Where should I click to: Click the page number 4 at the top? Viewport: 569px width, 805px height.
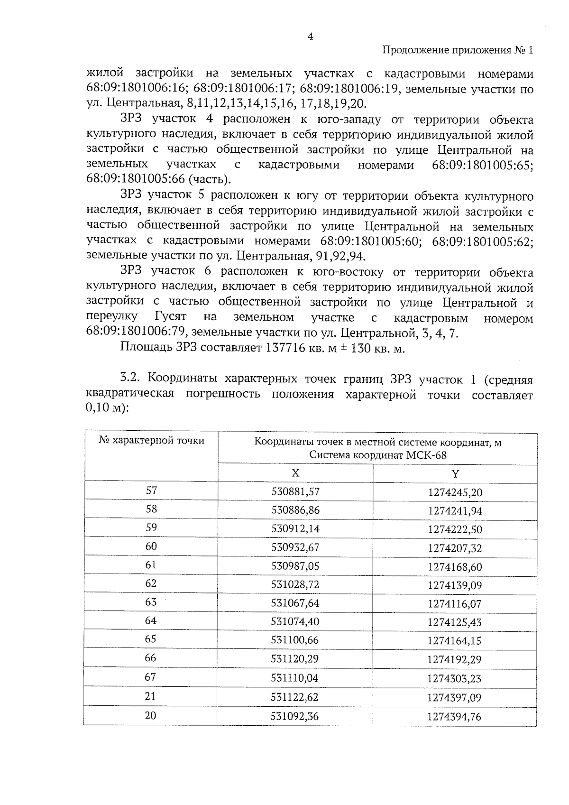(x=310, y=37)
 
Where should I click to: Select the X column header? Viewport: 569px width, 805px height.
(x=295, y=473)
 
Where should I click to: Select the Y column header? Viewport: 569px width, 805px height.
(x=455, y=473)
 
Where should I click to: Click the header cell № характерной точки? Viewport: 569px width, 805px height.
(x=151, y=441)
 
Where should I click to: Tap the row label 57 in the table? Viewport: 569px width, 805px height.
(x=151, y=490)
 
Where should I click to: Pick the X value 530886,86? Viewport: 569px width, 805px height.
(x=295, y=510)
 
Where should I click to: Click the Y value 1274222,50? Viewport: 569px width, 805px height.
(x=455, y=529)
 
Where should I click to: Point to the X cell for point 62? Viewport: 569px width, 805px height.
(x=295, y=584)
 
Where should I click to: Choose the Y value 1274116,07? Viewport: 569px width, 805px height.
(x=455, y=604)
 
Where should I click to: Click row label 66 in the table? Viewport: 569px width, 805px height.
(x=151, y=658)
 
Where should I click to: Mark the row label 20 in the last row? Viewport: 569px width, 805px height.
(x=150, y=715)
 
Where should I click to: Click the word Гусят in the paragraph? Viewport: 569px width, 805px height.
(x=170, y=316)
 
